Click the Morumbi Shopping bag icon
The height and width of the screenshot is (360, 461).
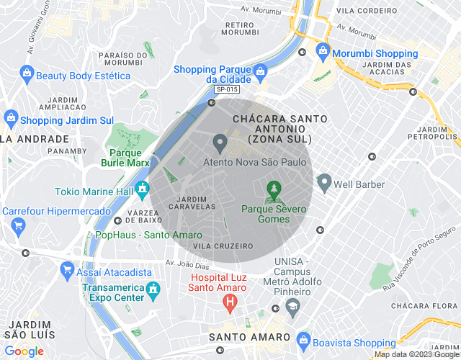[323, 53]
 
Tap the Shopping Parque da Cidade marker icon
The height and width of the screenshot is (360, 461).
[260, 71]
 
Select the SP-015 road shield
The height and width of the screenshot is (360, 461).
[226, 89]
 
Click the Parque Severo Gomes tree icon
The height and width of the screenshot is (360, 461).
[273, 191]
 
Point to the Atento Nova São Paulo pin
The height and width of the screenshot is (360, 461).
[220, 140]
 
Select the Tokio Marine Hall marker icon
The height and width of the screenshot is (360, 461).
[143, 191]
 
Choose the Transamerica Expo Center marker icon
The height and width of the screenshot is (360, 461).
[153, 290]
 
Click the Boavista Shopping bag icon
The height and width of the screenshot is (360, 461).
[303, 339]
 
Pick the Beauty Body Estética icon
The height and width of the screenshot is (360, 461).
[27, 73]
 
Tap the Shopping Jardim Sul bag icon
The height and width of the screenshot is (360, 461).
[11, 117]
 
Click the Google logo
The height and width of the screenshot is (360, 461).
[24, 351]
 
